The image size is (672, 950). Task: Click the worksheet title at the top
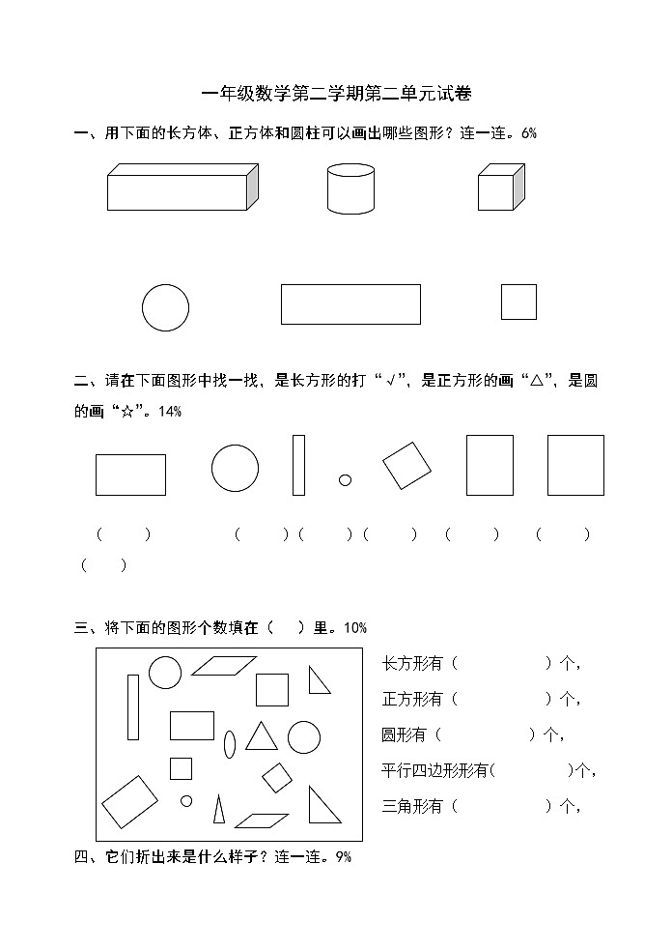[x=336, y=94]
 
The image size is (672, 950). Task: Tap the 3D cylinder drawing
[x=350, y=188]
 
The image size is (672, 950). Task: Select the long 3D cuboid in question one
[x=182, y=187]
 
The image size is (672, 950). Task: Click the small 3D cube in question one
[x=500, y=187]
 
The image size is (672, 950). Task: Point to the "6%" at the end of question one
[x=528, y=134]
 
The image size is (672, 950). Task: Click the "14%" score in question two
[x=169, y=412]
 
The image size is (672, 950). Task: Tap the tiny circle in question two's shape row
[x=345, y=479]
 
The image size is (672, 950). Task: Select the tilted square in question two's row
[x=406, y=466]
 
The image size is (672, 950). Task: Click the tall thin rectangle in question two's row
[x=298, y=465]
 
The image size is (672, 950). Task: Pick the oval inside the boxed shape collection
[x=230, y=744]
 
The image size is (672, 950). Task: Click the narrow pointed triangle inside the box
[x=219, y=810]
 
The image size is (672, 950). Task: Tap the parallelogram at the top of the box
[x=223, y=666]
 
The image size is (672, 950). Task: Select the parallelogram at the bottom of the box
[x=262, y=820]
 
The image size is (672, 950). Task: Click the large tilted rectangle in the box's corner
[x=129, y=801]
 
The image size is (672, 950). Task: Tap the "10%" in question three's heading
[x=354, y=628]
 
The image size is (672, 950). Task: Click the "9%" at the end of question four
[x=343, y=856]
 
